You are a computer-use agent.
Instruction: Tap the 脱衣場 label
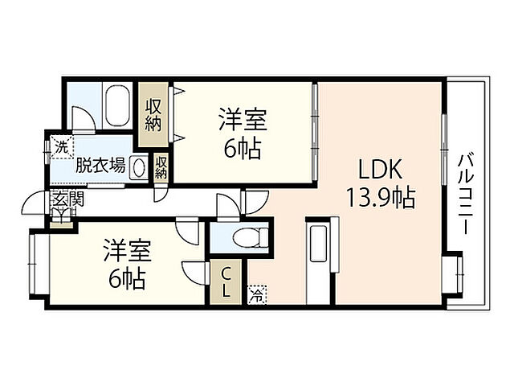coord(100,166)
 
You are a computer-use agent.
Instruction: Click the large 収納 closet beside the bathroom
coord(153,115)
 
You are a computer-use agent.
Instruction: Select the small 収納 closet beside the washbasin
coord(161,167)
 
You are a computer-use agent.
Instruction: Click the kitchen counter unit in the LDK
coord(316,264)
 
